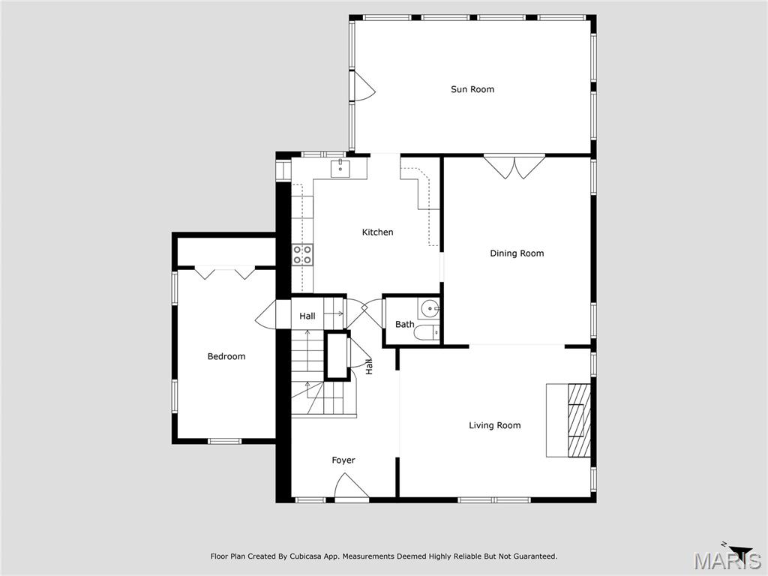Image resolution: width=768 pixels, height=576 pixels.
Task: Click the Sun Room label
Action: coord(472,89)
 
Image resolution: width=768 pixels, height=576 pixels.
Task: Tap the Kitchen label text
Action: coord(377,232)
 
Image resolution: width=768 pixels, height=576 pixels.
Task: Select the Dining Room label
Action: coord(517,253)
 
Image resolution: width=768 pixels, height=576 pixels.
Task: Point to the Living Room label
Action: coord(494,425)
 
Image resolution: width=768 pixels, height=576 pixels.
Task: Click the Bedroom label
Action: coord(226,356)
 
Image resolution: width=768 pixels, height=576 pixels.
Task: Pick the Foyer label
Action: coord(343,460)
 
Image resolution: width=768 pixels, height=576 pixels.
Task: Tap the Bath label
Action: coord(404,325)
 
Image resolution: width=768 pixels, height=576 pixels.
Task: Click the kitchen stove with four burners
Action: coord(302,254)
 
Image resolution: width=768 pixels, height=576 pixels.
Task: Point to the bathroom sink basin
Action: coord(428,307)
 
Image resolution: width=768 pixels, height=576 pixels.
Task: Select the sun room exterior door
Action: coord(364,85)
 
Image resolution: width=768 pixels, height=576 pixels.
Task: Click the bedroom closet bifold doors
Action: coord(225,272)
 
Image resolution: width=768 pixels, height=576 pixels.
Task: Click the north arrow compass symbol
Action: coord(739,550)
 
